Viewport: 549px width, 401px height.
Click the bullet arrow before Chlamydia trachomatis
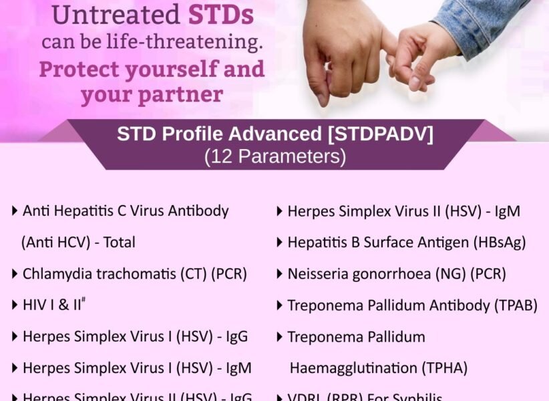(x=15, y=273)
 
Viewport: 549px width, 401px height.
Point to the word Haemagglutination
(x=350, y=368)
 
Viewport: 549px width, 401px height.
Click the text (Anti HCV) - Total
(x=78, y=242)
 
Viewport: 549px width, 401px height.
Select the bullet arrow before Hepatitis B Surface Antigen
(x=280, y=242)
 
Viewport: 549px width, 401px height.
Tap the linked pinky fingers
(x=390, y=50)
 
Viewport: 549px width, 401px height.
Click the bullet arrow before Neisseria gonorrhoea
(x=280, y=273)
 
